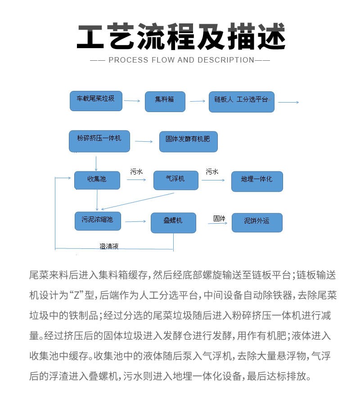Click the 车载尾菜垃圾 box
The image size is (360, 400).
[x=96, y=101]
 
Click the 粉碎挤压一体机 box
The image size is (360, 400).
[x=99, y=141]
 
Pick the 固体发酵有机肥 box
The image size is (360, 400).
[x=188, y=141]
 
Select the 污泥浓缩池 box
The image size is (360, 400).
[x=97, y=220]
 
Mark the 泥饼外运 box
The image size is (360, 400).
[x=257, y=222]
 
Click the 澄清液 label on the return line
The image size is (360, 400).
[x=109, y=246]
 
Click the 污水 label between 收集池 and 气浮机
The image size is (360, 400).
[x=136, y=171]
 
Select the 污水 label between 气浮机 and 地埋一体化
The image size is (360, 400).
[x=212, y=171]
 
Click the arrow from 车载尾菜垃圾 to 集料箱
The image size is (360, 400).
[x=132, y=101]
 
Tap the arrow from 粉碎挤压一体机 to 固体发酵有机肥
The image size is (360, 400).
[x=144, y=141]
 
